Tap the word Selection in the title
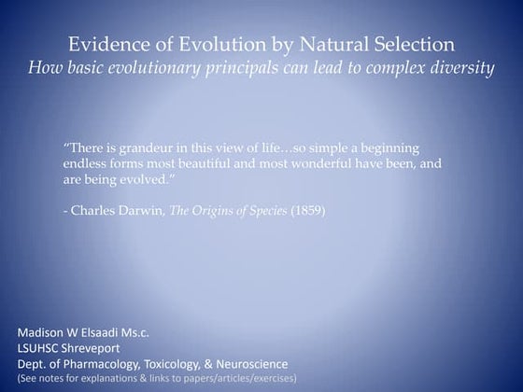416,45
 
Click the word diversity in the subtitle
462,69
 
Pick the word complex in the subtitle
393,69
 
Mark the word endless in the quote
82,163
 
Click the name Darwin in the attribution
142,210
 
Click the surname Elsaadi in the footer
106,332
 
